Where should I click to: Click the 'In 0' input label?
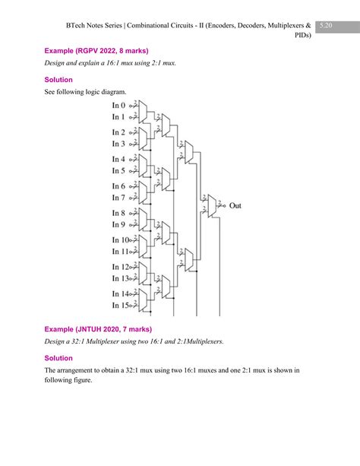click(120, 105)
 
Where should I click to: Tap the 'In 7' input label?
click(120, 198)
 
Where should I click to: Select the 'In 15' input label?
click(122, 306)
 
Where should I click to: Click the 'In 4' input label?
click(120, 159)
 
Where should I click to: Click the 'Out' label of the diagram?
click(235, 205)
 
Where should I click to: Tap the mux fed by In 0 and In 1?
click(143, 111)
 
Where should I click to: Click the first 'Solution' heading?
click(58, 79)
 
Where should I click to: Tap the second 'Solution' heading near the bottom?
click(58, 357)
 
